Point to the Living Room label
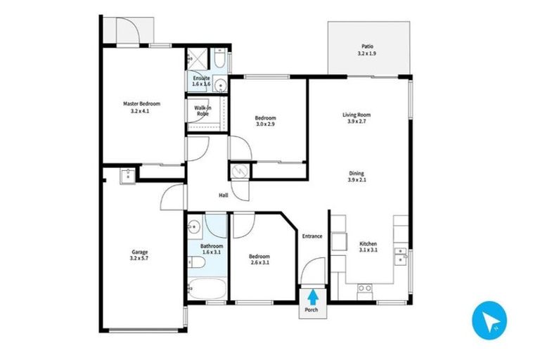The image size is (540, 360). tap(356, 118)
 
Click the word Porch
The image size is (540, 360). tap(311, 310)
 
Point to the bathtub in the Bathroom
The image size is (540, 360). tap(206, 289)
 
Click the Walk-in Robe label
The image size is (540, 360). tap(202, 110)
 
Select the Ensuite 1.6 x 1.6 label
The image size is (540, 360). tap(201, 81)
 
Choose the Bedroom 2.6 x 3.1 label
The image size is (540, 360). tap(259, 260)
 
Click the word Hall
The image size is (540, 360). tap(223, 195)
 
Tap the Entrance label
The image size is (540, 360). tap(312, 236)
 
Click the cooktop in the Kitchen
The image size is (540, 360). tap(365, 288)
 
